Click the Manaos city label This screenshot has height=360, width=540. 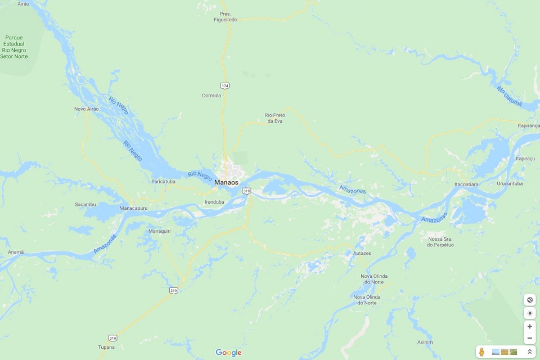click(226, 183)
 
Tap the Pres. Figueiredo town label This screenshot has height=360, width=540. click(226, 16)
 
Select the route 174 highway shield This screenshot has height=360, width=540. click(225, 85)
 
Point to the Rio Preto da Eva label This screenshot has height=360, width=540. click(275, 118)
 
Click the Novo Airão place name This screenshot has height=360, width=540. click(86, 109)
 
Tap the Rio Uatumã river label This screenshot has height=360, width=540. click(510, 96)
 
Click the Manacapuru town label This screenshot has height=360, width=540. click(133, 208)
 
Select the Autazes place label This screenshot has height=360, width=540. click(362, 253)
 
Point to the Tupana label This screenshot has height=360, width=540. click(106, 347)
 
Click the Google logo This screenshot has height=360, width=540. click(228, 353)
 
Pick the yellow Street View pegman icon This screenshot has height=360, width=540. click(482, 352)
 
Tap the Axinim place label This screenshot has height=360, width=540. click(425, 342)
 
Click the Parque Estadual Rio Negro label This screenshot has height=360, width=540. click(14, 47)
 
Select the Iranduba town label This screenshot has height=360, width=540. click(214, 201)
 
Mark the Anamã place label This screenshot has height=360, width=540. click(16, 252)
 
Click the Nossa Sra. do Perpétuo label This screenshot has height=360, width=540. click(440, 242)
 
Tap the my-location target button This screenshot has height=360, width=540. click(529, 313)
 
